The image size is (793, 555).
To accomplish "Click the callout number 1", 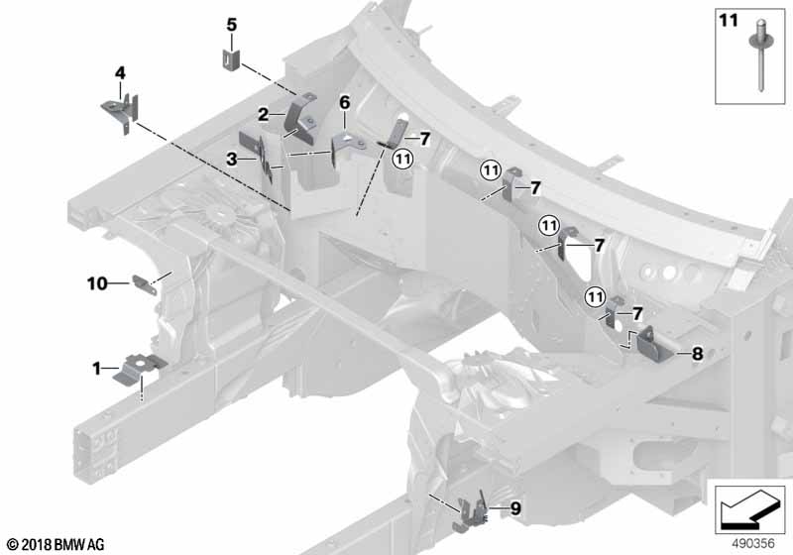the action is coord(97,368).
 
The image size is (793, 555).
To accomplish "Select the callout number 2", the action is coord(264,115).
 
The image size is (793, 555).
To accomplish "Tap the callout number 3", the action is coord(231,159).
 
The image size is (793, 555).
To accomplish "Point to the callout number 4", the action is coord(120,73).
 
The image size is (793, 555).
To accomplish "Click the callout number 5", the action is coord(231,24).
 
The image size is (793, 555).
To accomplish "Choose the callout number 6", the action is coord(345,102).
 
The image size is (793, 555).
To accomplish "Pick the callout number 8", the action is coord(698,352).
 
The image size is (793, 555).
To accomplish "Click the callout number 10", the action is coord(96,283).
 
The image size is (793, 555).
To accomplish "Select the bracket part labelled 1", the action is coord(137,368).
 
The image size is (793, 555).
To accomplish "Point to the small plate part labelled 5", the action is coord(230,57).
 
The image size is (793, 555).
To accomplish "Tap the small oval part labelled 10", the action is coord(146,283).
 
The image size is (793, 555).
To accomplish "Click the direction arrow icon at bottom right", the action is coord(746,506).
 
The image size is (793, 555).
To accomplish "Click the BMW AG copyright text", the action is coord(55,545).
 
